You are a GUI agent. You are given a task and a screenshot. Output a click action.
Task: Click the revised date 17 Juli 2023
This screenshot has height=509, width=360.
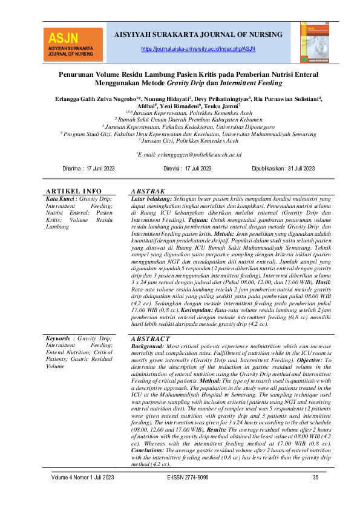pos(188,167)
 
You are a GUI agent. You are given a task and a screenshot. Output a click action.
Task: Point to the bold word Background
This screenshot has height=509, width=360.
pos(150,347)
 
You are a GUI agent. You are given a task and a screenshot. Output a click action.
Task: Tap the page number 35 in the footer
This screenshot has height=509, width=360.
pos(315,478)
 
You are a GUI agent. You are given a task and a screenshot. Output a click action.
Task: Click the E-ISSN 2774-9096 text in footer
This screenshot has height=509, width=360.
pos(188,478)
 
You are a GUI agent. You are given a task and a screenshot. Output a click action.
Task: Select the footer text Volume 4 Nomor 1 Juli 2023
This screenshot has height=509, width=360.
pos(83,478)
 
